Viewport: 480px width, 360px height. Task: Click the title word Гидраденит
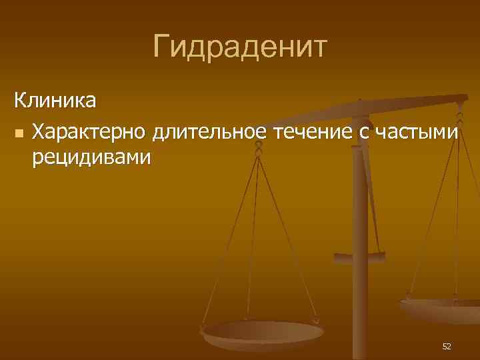pyautogui.click(x=239, y=47)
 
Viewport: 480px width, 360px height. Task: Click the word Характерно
pyautogui.click(x=89, y=133)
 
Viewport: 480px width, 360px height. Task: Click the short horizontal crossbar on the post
pyautogui.click(x=359, y=255)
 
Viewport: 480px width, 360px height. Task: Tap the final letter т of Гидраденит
pyautogui.click(x=318, y=47)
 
